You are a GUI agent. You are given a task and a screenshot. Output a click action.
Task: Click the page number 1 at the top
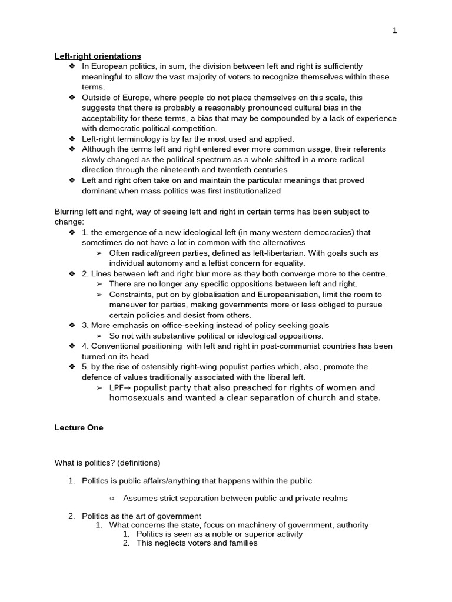(x=395, y=31)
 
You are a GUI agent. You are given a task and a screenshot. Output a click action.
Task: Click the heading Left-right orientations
(x=98, y=56)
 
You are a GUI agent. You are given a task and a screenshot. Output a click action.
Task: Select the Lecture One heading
(x=79, y=428)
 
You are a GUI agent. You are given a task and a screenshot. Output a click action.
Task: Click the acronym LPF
(x=116, y=388)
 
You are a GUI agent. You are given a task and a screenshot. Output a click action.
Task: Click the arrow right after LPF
(x=127, y=388)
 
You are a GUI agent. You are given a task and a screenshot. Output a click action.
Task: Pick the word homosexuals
(x=135, y=398)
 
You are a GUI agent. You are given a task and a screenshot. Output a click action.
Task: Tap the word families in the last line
(x=242, y=543)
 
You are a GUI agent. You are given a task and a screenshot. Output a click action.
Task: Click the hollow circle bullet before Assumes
(x=111, y=499)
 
